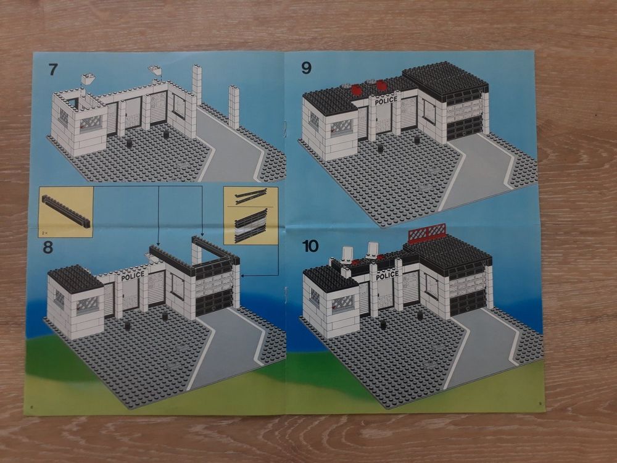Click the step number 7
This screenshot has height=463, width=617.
[52, 70]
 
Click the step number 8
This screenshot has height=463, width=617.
[48, 248]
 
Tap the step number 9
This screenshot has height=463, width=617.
[306, 68]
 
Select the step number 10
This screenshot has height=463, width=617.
[310, 246]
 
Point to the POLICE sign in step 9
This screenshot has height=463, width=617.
[386, 101]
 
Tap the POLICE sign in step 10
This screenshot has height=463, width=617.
[387, 275]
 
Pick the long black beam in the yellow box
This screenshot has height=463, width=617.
[66, 211]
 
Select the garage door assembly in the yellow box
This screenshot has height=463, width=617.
[251, 226]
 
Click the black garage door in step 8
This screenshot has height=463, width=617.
[213, 302]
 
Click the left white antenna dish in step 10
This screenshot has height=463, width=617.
[347, 254]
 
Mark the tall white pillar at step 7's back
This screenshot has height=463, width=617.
[197, 84]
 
